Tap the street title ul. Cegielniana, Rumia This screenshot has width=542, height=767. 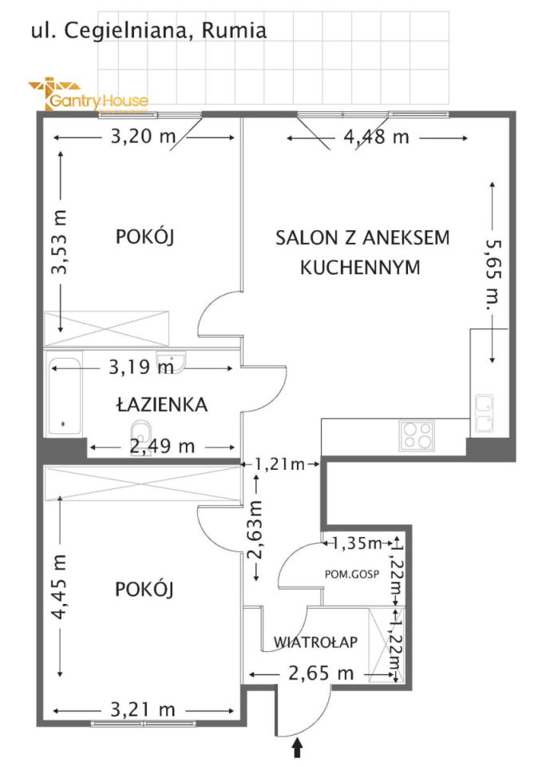coord(148,31)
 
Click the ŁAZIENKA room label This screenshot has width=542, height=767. coord(161,405)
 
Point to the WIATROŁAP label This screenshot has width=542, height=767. coord(315,642)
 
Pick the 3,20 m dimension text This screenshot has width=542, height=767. coord(142,137)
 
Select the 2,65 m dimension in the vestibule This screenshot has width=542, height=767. coord(322,674)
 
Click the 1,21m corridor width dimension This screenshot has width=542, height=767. coord(280,463)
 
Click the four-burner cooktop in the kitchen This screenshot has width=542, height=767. coord(417,435)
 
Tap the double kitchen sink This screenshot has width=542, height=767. coord(484,413)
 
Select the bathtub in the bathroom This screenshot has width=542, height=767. coord(65,396)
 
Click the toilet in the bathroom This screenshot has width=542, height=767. coord(140,432)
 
